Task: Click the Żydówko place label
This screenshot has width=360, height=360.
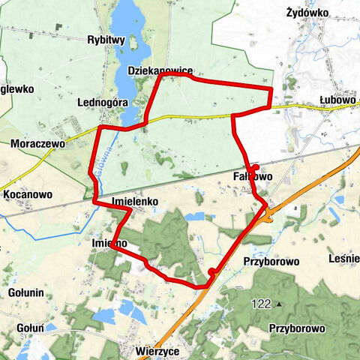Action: [x=308, y=13]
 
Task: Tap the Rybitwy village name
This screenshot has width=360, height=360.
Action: [x=105, y=40]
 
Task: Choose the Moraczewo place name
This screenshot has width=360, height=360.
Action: [x=37, y=142]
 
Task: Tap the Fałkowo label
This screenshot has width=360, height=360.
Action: [x=249, y=177]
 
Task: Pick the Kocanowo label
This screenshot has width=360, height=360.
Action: [x=28, y=194]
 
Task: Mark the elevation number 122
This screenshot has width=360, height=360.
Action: [x=262, y=304]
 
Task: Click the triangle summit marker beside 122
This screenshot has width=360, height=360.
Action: [x=277, y=304]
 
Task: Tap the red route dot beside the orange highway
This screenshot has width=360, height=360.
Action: [x=212, y=271]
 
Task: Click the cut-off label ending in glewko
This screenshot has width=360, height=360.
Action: [x=17, y=88]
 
